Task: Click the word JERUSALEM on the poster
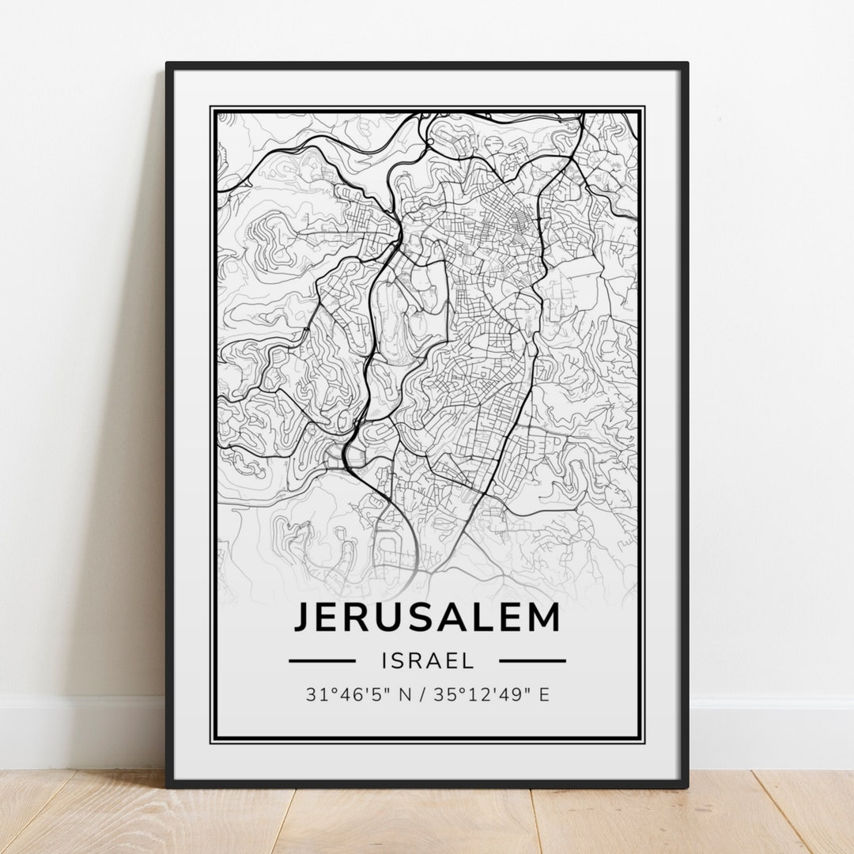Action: (427, 618)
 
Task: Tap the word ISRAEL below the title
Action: (427, 660)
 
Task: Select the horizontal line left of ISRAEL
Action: (322, 660)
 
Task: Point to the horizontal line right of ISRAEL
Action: (532, 660)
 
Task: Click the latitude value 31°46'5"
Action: (345, 695)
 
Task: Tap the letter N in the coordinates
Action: (406, 695)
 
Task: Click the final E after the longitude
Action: (544, 695)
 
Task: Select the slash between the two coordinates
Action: (425, 695)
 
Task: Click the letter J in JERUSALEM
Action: (303, 618)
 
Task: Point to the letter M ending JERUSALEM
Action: (544, 618)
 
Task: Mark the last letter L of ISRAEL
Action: (469, 660)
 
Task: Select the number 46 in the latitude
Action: (344, 695)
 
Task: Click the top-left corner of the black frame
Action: (168, 65)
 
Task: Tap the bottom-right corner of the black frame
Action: (686, 786)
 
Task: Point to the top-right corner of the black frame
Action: (686, 65)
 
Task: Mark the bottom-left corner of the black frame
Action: (168, 786)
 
